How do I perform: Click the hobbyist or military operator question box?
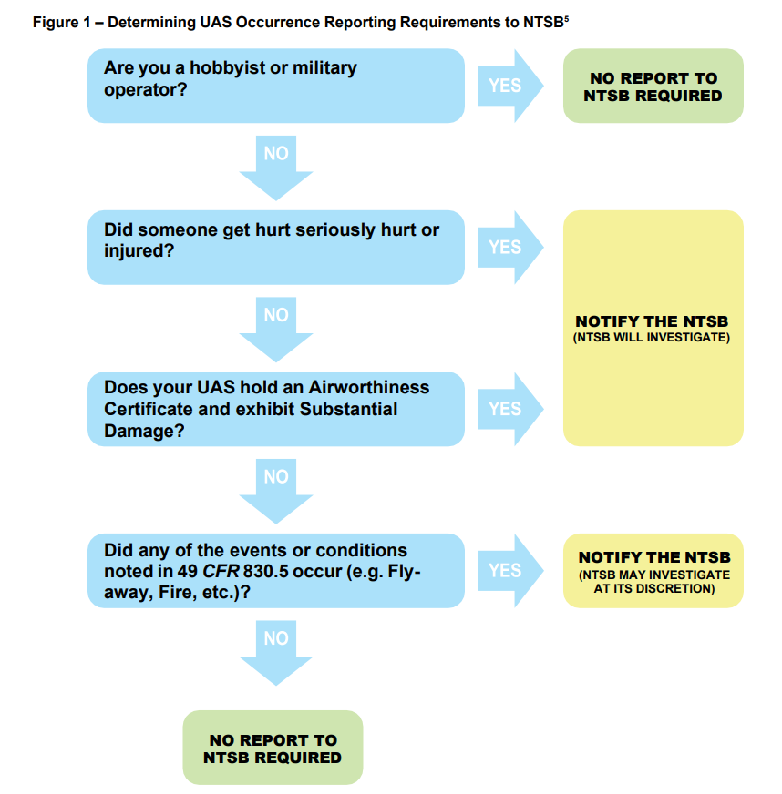click(275, 86)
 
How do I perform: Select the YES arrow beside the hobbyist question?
click(509, 86)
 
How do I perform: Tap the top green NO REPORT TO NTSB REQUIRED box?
click(653, 87)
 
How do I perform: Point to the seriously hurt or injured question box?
click(275, 248)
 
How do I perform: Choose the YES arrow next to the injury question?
click(509, 248)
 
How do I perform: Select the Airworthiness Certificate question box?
click(275, 409)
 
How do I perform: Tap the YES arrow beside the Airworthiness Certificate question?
click(509, 409)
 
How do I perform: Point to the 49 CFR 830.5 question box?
click(275, 571)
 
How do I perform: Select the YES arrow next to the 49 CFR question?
click(509, 571)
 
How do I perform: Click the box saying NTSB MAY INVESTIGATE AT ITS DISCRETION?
click(653, 571)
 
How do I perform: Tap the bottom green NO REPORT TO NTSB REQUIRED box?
click(273, 748)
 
